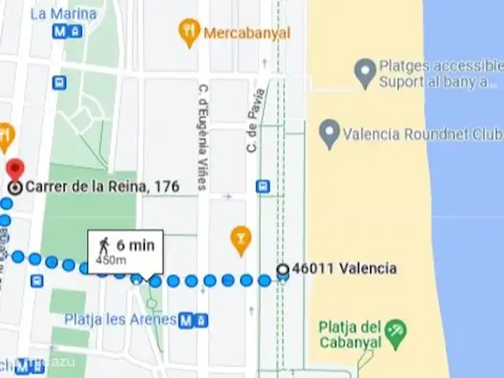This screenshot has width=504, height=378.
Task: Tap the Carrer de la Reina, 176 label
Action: (102, 187)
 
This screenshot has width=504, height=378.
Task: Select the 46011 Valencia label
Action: (344, 269)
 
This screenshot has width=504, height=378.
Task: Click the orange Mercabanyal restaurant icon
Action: (189, 33)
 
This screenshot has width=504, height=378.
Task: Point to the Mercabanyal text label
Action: (246, 33)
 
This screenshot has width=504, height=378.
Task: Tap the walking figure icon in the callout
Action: (104, 245)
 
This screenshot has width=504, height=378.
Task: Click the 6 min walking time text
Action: (135, 245)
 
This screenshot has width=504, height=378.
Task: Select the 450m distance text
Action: (111, 259)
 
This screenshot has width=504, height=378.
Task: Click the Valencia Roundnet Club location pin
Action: (329, 133)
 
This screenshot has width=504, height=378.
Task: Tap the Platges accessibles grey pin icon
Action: (364, 73)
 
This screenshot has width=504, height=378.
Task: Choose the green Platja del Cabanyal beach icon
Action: (396, 328)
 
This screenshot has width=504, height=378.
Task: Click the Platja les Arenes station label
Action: (120, 320)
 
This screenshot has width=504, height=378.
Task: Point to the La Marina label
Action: (63, 14)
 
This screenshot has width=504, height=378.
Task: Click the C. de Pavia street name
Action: (254, 120)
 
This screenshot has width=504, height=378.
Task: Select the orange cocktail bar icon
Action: (240, 235)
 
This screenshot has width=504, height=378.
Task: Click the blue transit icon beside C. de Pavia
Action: (263, 187)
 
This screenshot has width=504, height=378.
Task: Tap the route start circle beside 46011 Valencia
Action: (283, 269)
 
